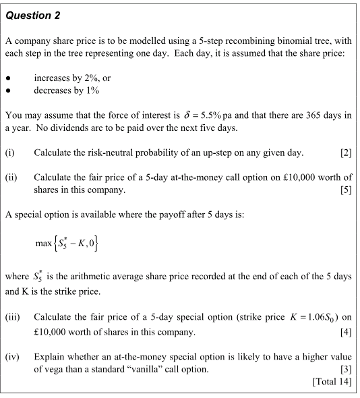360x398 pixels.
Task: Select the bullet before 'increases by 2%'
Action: click(9, 78)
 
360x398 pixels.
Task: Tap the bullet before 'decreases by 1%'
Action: click(9, 90)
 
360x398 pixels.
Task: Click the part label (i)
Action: click(10, 152)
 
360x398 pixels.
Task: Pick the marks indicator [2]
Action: click(346, 152)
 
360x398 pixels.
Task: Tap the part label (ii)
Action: click(11, 177)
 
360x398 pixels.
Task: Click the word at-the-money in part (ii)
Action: click(200, 177)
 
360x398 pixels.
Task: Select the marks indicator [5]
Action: click(346, 190)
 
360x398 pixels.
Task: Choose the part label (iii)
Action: click(13, 316)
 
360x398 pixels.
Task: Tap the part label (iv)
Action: click(13, 356)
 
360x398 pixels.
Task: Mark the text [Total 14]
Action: click(332, 381)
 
